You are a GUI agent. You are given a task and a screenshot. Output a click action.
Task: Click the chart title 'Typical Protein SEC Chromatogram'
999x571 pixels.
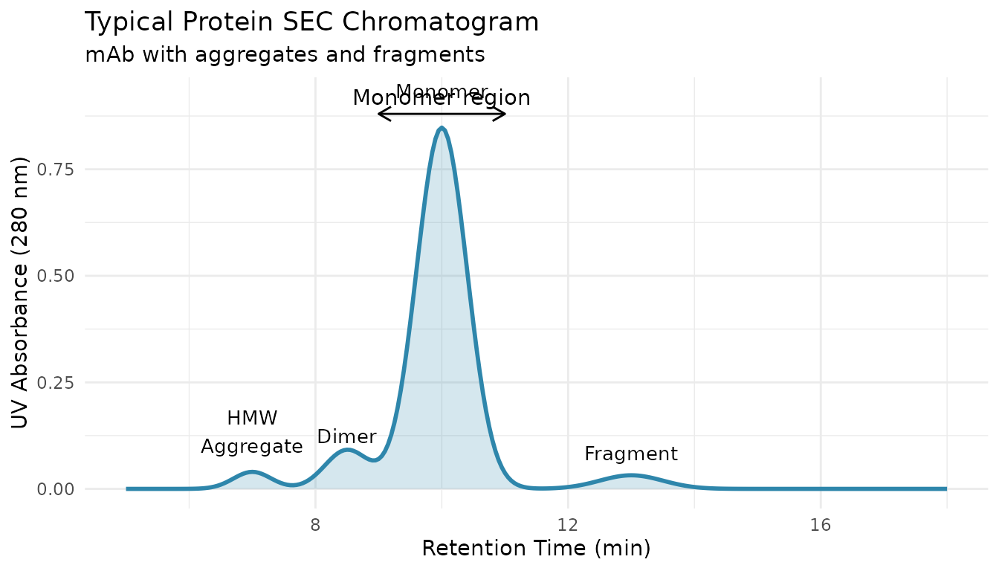point(311,22)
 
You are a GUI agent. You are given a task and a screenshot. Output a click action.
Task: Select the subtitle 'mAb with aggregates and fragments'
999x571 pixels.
point(285,54)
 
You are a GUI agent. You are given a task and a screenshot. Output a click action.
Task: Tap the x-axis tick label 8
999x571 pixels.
point(316,525)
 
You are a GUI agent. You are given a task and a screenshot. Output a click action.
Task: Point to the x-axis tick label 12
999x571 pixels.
point(568,525)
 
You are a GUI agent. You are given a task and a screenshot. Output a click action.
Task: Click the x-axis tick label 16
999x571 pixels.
point(820,525)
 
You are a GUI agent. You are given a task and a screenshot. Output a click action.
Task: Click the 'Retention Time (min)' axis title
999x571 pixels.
point(536,549)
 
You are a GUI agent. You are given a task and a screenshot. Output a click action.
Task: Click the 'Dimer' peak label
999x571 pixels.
point(346,437)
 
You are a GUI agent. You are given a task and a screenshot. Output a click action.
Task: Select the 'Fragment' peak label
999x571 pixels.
point(631,454)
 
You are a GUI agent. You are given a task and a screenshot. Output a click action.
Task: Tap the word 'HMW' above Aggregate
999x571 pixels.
point(252,419)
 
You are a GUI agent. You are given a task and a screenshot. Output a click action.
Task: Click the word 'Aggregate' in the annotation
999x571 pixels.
point(252,447)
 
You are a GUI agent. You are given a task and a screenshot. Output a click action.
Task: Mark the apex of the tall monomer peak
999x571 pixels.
point(442,128)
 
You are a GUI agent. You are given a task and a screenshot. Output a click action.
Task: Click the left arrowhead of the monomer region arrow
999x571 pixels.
point(379,114)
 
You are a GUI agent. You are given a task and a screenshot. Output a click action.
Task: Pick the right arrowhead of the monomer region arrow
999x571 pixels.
point(505,114)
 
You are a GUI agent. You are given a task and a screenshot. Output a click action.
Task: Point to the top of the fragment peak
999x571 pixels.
point(631,475)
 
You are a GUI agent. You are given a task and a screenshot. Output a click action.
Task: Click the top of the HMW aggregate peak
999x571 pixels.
point(253,471)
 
